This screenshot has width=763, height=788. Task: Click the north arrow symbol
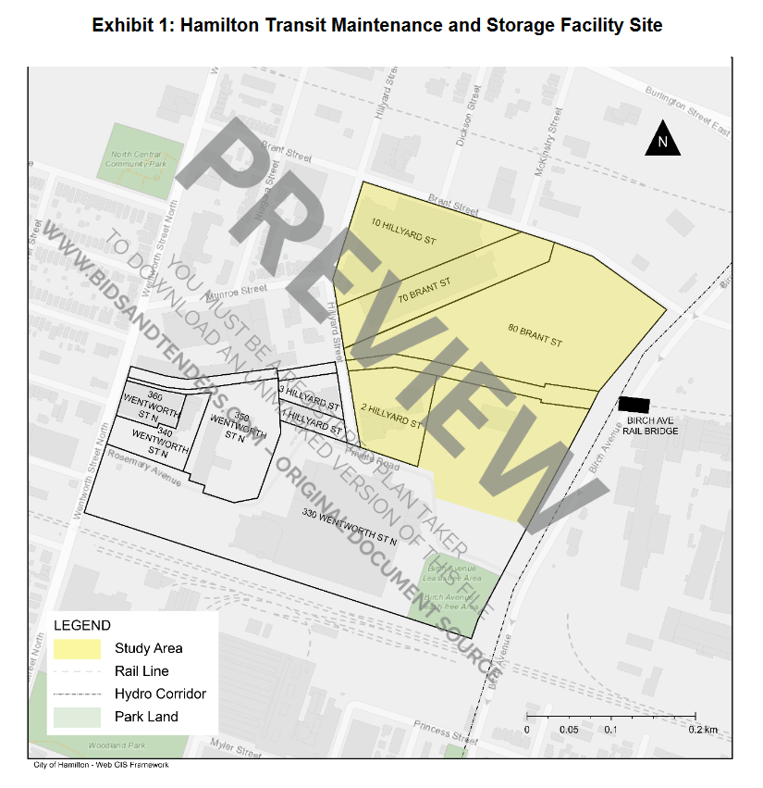(x=662, y=140)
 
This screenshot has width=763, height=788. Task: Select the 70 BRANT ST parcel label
(x=424, y=290)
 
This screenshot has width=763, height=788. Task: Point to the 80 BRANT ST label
(x=535, y=335)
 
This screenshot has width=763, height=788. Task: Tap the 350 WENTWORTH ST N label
(x=229, y=426)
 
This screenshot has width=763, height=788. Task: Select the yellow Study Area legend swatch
(x=77, y=648)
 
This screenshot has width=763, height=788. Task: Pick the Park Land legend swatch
(x=77, y=716)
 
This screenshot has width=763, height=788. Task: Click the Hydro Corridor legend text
(x=160, y=694)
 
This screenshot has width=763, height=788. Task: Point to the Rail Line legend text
(x=142, y=671)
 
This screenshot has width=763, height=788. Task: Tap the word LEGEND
(x=82, y=626)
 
